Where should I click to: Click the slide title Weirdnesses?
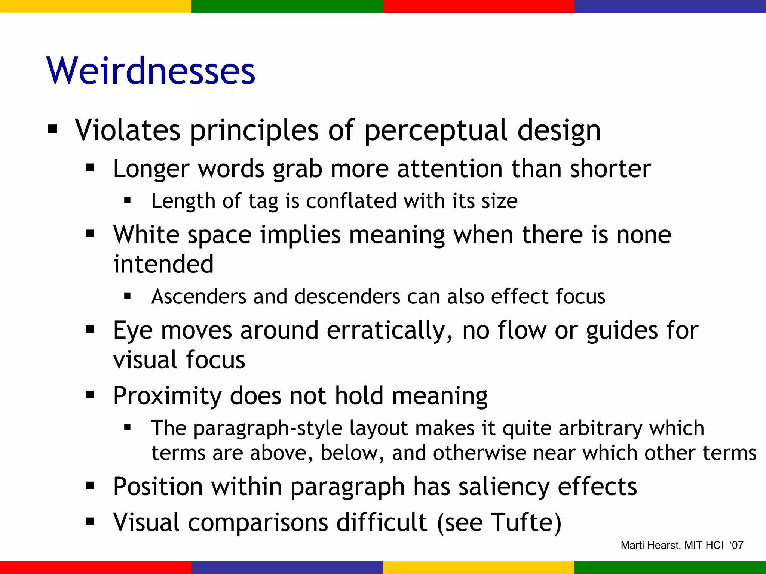click(151, 71)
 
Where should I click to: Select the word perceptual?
click(436, 131)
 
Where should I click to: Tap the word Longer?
click(151, 169)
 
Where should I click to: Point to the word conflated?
click(351, 201)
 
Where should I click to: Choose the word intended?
click(163, 264)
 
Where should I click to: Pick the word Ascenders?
click(199, 297)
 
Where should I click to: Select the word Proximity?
click(167, 396)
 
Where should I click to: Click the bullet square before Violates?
click(53, 130)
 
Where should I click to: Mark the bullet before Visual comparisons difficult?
click(90, 521)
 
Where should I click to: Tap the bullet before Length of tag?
click(128, 201)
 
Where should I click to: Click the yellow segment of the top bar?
click(96, 6)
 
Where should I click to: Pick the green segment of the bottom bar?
click(670, 568)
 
